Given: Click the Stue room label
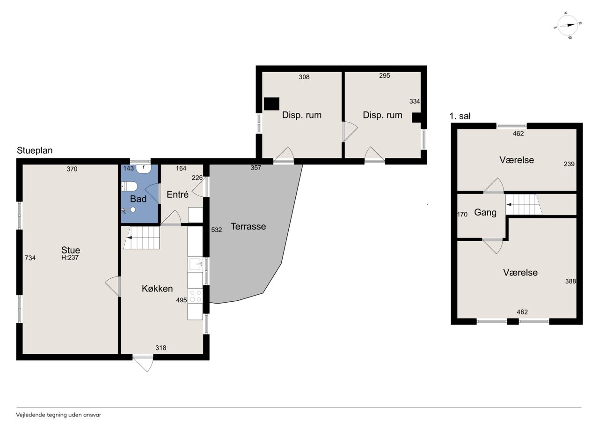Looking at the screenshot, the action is point(71,250).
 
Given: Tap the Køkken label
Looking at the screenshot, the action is point(157,289).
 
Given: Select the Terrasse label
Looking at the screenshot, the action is point(248,226).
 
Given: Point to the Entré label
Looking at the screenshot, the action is point(177,194).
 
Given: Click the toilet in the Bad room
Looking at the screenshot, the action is point(129,186).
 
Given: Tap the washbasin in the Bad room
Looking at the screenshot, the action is point(144,169).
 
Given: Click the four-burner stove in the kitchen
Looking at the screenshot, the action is point(195,296).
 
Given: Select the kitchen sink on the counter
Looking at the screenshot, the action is point(196,265).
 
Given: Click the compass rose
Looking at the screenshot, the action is point(568,25).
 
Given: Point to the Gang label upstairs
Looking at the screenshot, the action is point(485,213).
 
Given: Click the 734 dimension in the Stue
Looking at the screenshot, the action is point(30,258).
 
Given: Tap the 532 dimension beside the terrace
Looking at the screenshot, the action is point(216,230).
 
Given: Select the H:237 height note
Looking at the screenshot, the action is point(70,258).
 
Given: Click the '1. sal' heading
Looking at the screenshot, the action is point(460,116).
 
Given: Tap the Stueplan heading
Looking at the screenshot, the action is point(35,150).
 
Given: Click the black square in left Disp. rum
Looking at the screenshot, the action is point(272,104).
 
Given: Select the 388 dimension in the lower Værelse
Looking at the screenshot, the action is point(570,281).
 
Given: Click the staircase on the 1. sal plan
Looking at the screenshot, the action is point(524,205).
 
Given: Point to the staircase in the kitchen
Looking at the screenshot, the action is point(141,238).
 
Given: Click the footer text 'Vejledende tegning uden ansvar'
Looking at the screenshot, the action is point(58,415).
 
